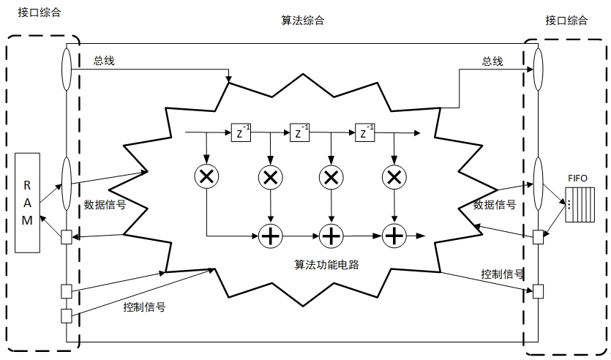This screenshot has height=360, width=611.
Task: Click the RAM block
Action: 27,203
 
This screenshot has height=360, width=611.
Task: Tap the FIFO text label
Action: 577,178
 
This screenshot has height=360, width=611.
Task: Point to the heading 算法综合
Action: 303,20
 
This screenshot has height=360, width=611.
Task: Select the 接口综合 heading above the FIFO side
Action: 566,20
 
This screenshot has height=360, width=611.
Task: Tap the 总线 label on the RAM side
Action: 104,61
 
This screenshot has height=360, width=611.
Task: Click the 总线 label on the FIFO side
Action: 492,61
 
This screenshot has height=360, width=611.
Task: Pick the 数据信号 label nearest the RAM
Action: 105,204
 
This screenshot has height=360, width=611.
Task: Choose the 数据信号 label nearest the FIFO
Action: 495,204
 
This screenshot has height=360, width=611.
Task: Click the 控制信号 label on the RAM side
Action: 144,307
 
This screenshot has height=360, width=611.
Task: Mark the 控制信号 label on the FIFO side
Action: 502,274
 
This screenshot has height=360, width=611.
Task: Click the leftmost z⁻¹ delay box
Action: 241,133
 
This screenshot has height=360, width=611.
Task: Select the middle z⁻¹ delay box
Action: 300,133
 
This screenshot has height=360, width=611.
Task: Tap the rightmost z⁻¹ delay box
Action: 364,133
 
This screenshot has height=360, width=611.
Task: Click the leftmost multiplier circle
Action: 206,176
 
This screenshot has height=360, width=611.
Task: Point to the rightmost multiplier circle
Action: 394,176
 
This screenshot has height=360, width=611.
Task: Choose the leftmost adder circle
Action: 271,236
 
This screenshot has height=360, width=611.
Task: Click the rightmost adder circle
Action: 394,236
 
